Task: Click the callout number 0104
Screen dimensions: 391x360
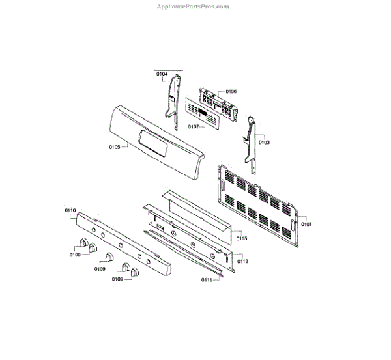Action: click(161, 74)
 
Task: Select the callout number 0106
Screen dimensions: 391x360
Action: click(231, 92)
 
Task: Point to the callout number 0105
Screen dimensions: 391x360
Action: click(115, 147)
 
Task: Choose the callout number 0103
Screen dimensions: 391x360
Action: click(264, 141)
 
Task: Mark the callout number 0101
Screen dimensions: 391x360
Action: click(306, 224)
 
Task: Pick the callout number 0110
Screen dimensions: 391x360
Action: click(70, 210)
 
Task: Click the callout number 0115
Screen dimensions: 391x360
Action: click(242, 239)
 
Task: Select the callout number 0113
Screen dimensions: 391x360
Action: click(242, 261)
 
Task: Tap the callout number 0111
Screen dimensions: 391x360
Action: click(207, 280)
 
